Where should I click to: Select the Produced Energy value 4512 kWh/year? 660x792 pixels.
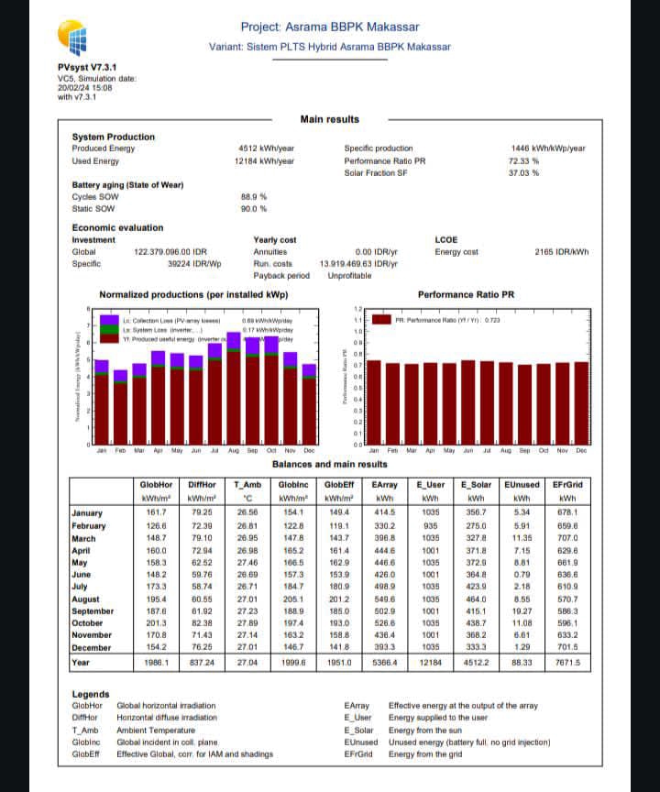(x=266, y=148)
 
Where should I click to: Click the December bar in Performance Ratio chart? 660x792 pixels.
(x=581, y=403)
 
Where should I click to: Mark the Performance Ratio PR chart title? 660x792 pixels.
(x=466, y=295)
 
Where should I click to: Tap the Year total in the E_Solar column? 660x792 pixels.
(x=477, y=661)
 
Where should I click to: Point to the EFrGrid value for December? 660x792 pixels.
(x=567, y=647)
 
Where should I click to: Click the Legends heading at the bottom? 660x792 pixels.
(x=91, y=694)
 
